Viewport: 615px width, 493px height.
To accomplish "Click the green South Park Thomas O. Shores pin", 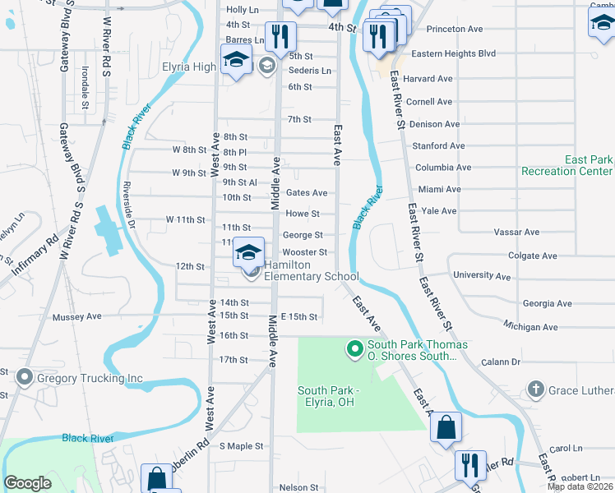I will pyautogui.click(x=355, y=350).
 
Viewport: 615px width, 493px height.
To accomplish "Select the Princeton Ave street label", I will pyautogui.click(x=452, y=29).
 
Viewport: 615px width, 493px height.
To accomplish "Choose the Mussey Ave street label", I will pyautogui.click(x=76, y=316).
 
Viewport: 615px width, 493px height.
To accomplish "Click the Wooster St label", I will pyautogui.click(x=305, y=252).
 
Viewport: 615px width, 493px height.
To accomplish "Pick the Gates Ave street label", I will pyautogui.click(x=307, y=193).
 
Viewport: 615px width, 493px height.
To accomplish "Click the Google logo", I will pyautogui.click(x=27, y=483).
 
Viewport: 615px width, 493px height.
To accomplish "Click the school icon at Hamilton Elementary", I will pyautogui.click(x=247, y=254).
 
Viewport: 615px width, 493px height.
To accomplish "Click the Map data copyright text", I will pyautogui.click(x=580, y=486).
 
